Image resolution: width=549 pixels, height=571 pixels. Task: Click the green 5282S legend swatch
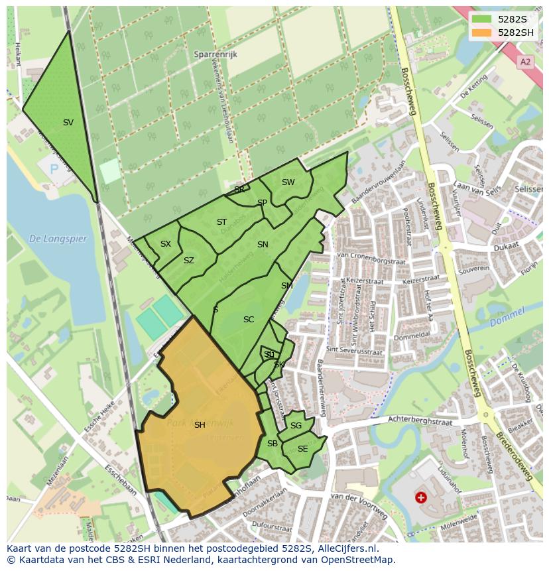tap(481, 19)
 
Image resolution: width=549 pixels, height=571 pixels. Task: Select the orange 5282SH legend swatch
tap(481, 32)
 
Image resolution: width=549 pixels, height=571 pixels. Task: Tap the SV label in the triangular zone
tap(68, 123)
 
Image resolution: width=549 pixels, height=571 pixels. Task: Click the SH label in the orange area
tap(200, 425)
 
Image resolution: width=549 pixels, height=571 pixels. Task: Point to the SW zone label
tap(288, 182)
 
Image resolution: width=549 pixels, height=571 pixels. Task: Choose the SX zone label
tap(166, 244)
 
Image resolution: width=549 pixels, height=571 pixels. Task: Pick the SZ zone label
tap(189, 261)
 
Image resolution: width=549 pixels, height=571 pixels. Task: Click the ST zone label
tap(221, 222)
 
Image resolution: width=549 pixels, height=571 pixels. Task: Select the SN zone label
tap(263, 245)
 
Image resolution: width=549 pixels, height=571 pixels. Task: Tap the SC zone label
tap(249, 320)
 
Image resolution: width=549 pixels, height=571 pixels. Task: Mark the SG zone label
tap(296, 426)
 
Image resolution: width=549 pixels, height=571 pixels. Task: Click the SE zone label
tap(302, 449)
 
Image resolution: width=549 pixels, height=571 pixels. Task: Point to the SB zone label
tap(272, 444)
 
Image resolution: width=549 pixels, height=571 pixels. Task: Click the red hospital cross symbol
tap(420, 497)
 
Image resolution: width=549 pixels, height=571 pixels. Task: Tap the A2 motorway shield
tap(525, 62)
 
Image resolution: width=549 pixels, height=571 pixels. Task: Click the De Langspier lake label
tap(58, 239)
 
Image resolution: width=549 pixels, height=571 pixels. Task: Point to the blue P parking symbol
tap(54, 170)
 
